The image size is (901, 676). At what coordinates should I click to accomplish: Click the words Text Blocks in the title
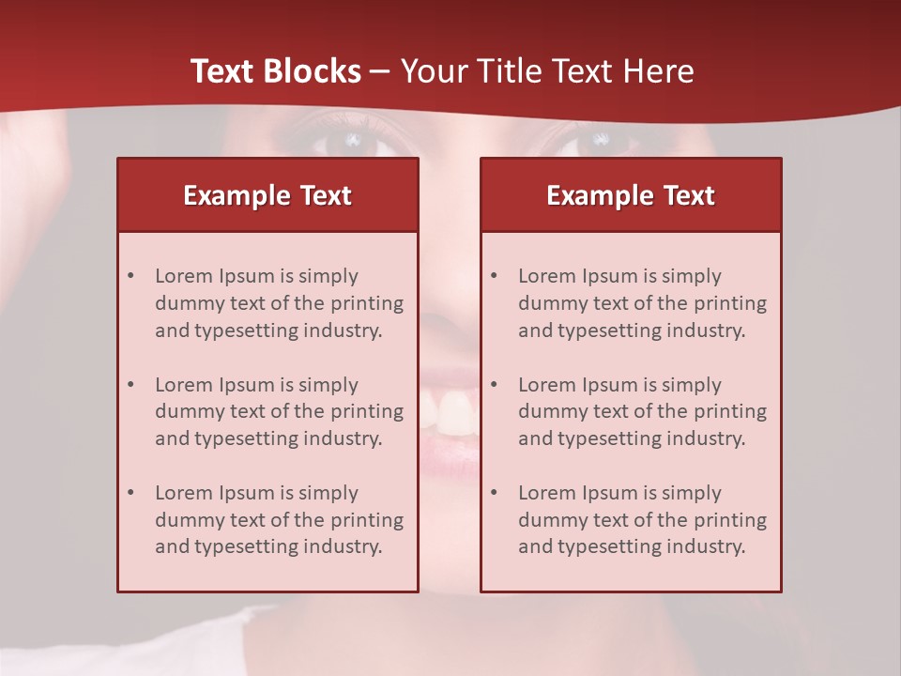click(276, 71)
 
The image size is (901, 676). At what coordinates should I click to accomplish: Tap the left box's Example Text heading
click(267, 195)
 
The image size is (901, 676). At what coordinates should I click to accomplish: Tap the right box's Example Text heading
click(631, 195)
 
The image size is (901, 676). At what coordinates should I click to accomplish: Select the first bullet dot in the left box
click(130, 276)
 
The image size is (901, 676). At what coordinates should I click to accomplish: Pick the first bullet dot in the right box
click(494, 276)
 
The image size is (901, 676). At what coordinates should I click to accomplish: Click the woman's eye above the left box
click(355, 142)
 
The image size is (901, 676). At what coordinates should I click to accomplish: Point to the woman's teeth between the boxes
click(449, 412)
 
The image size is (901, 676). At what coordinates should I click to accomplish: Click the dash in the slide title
click(380, 72)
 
